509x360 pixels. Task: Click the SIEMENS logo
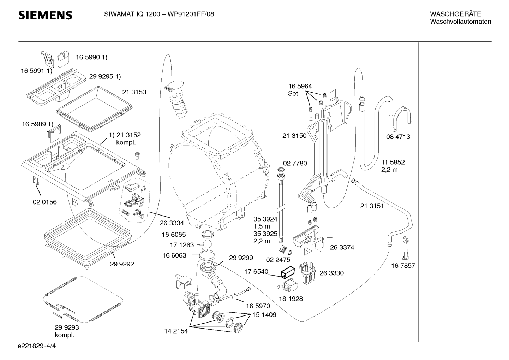tap(45, 15)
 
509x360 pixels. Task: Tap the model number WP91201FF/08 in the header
tap(191, 14)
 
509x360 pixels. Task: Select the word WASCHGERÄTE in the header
tap(455, 14)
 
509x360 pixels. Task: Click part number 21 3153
tap(134, 92)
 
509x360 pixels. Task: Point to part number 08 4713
tap(398, 137)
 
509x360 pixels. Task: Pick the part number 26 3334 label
tap(172, 223)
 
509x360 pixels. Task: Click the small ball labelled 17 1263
tap(207, 244)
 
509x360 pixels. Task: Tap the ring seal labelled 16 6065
tap(208, 234)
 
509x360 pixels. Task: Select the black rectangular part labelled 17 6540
tap(288, 272)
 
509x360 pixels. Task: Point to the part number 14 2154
tap(176, 331)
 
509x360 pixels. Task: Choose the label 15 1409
tap(264, 315)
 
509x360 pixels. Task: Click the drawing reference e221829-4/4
tap(37, 346)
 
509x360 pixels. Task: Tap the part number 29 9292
tap(122, 264)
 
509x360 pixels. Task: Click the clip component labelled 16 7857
tap(406, 248)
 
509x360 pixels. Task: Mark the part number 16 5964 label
tap(300, 86)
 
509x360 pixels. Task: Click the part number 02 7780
tap(295, 163)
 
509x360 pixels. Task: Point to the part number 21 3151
tap(372, 206)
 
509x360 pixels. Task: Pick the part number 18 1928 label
tap(291, 299)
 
